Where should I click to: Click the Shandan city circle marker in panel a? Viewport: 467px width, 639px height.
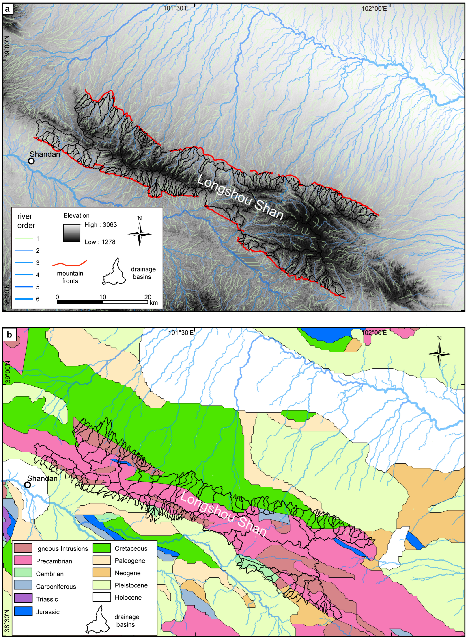click(x=31, y=161)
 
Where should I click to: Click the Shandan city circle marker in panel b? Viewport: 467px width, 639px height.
click(x=27, y=485)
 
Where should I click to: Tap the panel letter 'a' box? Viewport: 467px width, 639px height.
click(x=7, y=9)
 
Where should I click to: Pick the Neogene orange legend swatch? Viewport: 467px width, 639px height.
click(x=101, y=573)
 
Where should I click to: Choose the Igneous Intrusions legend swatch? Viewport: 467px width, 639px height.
click(x=23, y=548)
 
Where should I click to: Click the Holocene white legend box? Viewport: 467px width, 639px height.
click(x=101, y=597)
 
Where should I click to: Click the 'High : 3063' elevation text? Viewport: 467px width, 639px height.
click(x=100, y=225)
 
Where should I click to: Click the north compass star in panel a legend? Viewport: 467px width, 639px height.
click(x=140, y=234)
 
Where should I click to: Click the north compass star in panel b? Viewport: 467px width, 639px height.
click(x=439, y=354)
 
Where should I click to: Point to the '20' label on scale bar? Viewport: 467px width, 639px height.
click(x=148, y=297)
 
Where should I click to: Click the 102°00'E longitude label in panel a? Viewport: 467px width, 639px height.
click(x=374, y=8)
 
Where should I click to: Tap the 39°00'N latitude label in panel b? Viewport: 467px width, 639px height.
click(x=7, y=371)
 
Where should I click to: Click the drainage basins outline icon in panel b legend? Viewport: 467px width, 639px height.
click(x=98, y=620)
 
